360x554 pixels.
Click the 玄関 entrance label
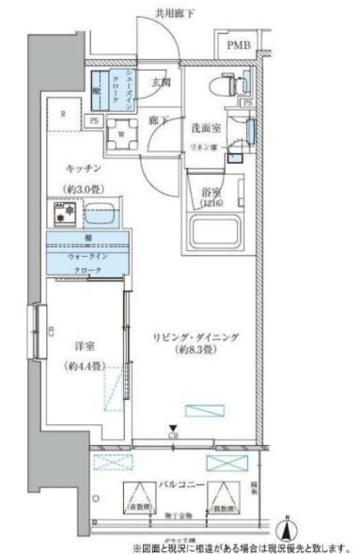click(x=160, y=83)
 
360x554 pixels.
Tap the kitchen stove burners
click(x=64, y=215)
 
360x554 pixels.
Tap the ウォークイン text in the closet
click(x=89, y=255)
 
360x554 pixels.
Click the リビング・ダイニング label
click(x=194, y=335)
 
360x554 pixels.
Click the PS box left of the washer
click(x=94, y=120)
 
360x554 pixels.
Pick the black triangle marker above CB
click(x=172, y=428)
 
